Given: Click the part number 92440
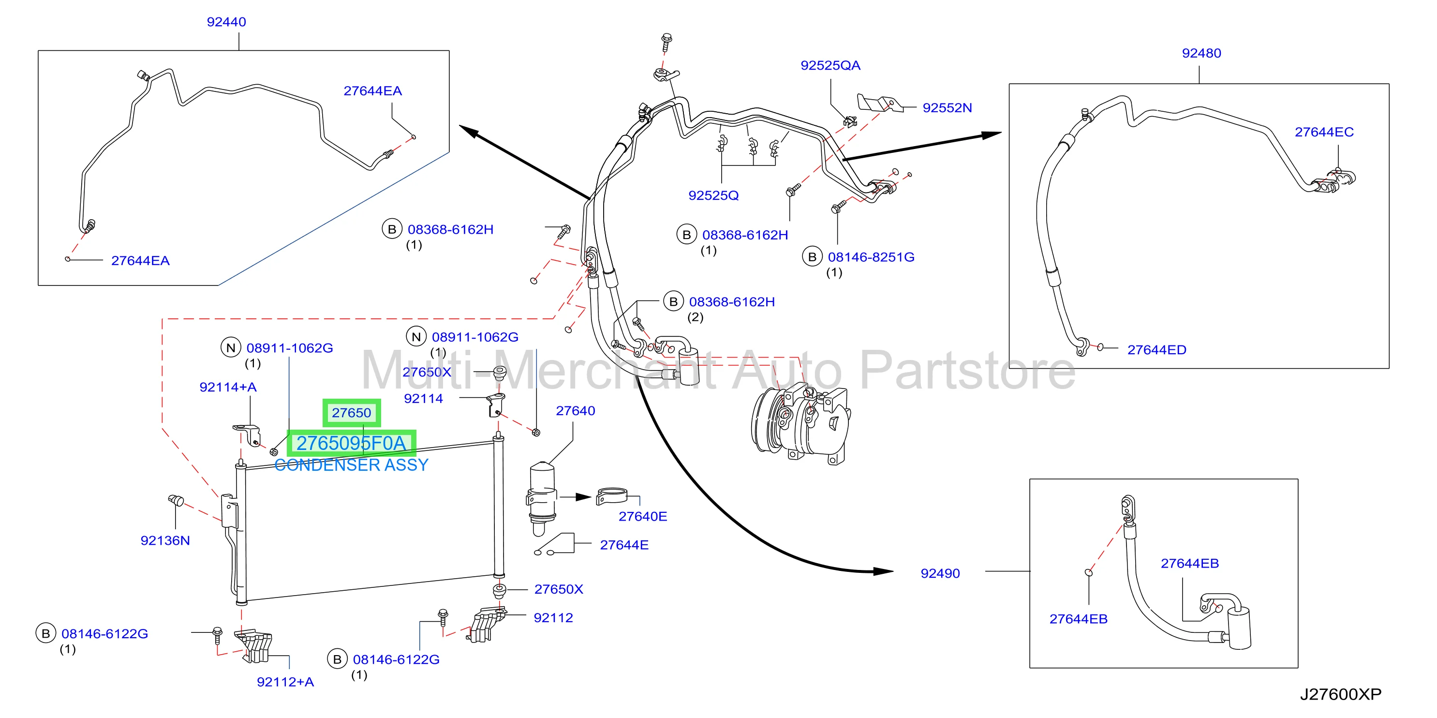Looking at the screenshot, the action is tap(226, 22).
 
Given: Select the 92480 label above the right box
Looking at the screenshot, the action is tap(1201, 53).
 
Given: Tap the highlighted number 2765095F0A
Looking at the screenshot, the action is tap(351, 443).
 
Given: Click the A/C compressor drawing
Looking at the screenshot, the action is tap(801, 422).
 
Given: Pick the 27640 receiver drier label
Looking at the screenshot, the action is tap(575, 411).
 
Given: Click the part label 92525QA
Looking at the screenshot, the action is tap(830, 65).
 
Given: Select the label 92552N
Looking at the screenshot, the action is tap(947, 108).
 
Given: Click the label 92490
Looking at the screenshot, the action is tap(940, 573).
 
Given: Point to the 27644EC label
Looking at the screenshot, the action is tap(1324, 132).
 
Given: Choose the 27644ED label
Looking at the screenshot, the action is tap(1156, 350).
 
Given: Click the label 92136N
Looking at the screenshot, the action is tap(165, 540).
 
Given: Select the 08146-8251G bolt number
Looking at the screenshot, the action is tap(871, 257).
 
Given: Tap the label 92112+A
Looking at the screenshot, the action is tap(285, 682).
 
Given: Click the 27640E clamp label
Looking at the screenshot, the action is tap(643, 517).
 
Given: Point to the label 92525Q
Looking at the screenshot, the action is tap(713, 195).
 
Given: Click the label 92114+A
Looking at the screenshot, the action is tap(228, 387).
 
